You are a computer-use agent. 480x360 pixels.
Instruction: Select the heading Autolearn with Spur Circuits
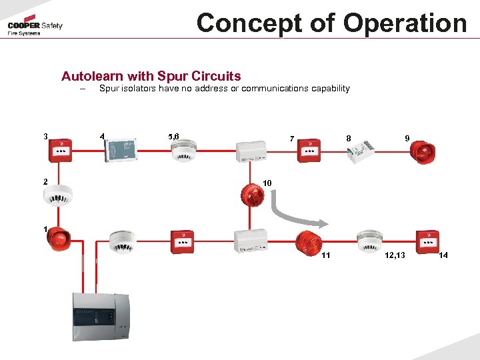(x=151, y=77)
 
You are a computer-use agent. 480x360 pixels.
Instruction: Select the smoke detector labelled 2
(x=56, y=194)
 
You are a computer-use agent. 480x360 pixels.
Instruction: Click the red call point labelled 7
(x=309, y=151)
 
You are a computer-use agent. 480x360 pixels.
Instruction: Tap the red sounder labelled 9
(x=422, y=151)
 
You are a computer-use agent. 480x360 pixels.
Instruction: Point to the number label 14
(x=444, y=256)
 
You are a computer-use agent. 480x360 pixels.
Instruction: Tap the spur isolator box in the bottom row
(x=251, y=241)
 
